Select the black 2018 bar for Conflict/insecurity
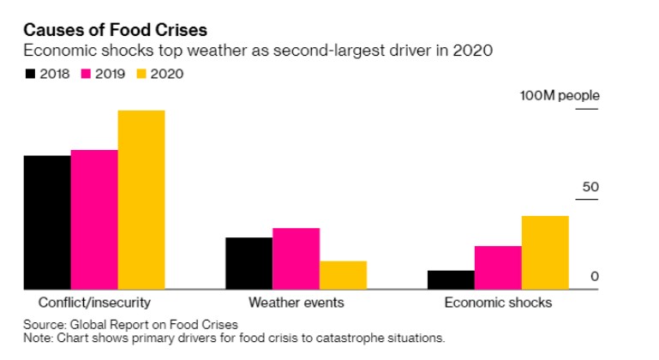(x=47, y=222)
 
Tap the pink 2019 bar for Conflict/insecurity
(x=94, y=219)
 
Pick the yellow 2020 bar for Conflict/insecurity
(x=141, y=200)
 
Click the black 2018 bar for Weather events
(x=249, y=263)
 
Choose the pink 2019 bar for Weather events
(x=296, y=258)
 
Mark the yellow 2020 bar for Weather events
(x=343, y=275)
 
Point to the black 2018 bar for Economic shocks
(x=451, y=279)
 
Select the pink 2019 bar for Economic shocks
(x=498, y=267)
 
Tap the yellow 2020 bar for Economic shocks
(x=545, y=252)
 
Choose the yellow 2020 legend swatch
(x=141, y=74)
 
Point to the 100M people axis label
(x=560, y=96)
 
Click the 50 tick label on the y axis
(x=589, y=187)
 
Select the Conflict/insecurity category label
(x=94, y=303)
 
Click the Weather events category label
(x=296, y=303)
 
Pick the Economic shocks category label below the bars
(x=498, y=303)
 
